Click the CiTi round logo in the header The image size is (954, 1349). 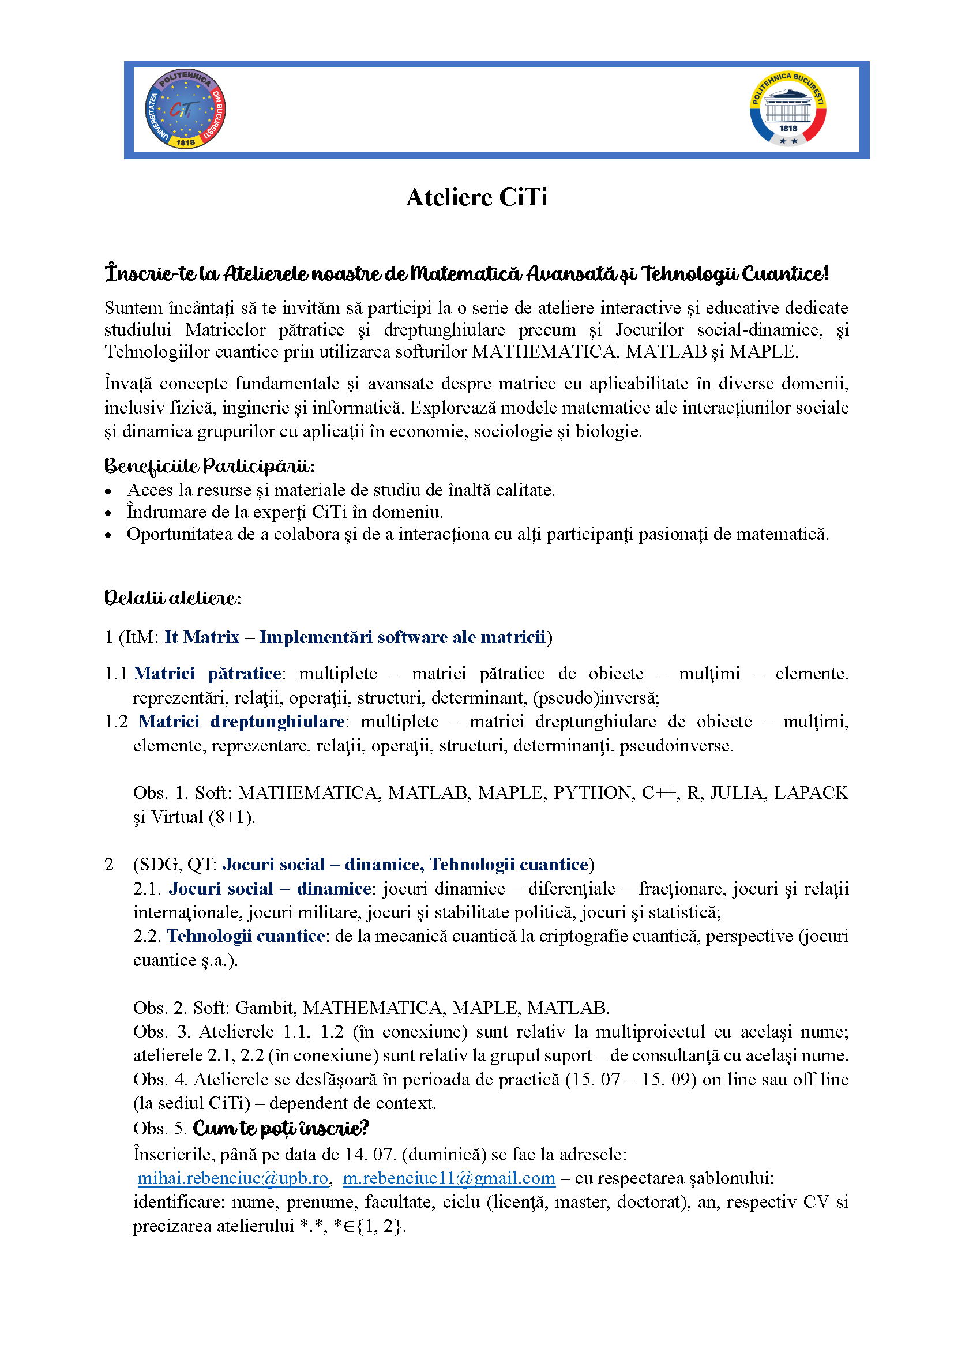click(185, 109)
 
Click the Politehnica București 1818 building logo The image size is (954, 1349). click(788, 109)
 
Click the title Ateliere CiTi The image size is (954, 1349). click(476, 197)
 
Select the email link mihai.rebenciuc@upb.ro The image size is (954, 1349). click(232, 1178)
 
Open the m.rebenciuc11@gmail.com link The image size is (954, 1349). click(449, 1178)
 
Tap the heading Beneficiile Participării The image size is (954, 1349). click(210, 467)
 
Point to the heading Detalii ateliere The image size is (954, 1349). click(172, 598)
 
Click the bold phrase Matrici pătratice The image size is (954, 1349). click(208, 673)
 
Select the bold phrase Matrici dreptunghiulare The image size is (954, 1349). click(242, 721)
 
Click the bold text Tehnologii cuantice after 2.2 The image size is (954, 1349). click(246, 935)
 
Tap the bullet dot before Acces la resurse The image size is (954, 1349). click(108, 491)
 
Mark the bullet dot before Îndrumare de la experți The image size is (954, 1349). click(108, 513)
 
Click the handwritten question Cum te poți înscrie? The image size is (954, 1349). click(281, 1129)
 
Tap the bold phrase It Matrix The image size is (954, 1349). click(202, 637)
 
